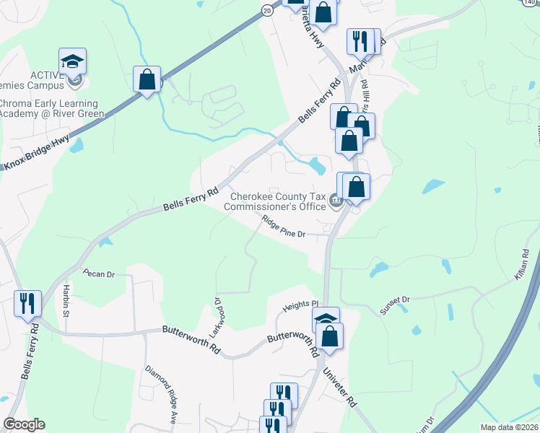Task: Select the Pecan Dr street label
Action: point(99,274)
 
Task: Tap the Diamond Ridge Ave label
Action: point(161,393)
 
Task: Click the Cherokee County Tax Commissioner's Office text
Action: point(277,201)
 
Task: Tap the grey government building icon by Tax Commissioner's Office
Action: point(335,200)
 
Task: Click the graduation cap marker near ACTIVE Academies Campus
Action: point(72,61)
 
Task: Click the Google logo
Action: point(24,424)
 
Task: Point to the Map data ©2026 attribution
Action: point(508,427)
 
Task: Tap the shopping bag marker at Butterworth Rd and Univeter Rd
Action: point(329,336)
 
